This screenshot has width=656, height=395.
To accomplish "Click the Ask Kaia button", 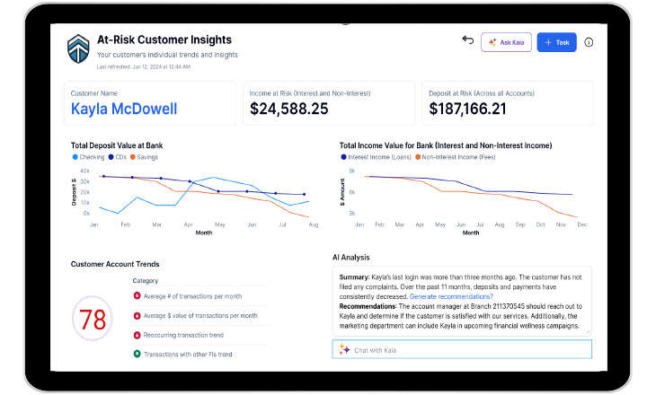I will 506,42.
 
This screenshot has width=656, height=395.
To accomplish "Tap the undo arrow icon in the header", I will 467,41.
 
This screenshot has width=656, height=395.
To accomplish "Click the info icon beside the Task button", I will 589,42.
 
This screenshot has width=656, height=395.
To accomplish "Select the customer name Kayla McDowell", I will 124,109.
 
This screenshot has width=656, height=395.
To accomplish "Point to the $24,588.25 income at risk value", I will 288,109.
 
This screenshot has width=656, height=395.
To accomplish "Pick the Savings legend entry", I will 146,157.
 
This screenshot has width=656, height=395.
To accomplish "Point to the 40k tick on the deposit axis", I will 84,171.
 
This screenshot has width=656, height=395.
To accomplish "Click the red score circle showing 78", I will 93,320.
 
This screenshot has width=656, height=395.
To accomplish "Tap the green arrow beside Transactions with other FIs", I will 136,353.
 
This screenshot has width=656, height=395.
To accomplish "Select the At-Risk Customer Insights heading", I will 164,39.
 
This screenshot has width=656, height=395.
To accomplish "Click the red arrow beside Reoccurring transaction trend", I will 136,335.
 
